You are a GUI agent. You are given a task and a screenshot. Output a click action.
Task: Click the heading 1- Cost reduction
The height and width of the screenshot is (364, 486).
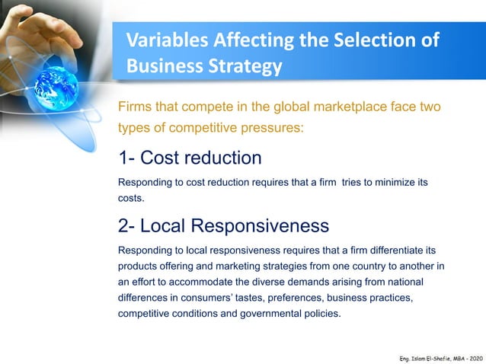tap(190, 158)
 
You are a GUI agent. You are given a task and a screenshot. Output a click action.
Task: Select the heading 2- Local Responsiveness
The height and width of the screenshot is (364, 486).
tap(223, 225)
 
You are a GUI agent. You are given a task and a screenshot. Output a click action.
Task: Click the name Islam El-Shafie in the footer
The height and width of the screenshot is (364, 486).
tap(425, 356)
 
